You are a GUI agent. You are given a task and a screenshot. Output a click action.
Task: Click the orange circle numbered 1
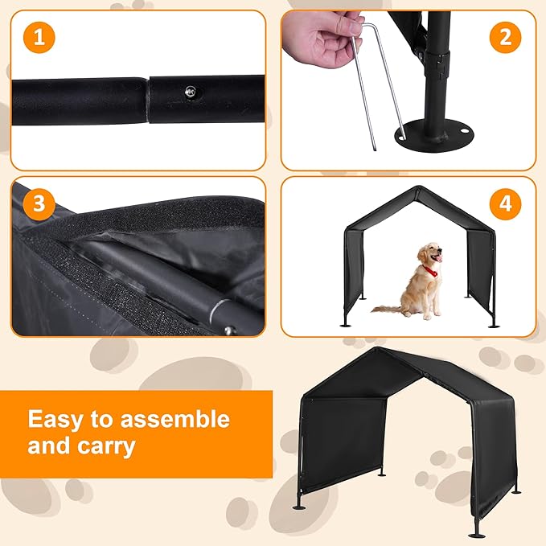39,37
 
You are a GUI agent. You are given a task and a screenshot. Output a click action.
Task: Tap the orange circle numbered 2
505,37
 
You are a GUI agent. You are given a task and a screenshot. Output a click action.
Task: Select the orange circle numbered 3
39,204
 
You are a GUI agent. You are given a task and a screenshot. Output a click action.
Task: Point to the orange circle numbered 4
505,204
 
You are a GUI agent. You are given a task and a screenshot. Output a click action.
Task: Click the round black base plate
434,135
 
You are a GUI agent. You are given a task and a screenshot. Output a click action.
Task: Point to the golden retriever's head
430,253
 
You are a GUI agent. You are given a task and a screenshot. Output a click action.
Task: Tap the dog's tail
386,309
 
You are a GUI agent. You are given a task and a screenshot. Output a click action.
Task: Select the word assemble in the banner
175,419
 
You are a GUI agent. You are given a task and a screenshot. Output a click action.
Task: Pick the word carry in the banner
106,447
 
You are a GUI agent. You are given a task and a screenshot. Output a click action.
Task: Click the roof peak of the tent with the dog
418,188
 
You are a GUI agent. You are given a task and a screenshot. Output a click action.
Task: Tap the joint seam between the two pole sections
148,101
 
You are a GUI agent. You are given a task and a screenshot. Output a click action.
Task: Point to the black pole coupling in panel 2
439,66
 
